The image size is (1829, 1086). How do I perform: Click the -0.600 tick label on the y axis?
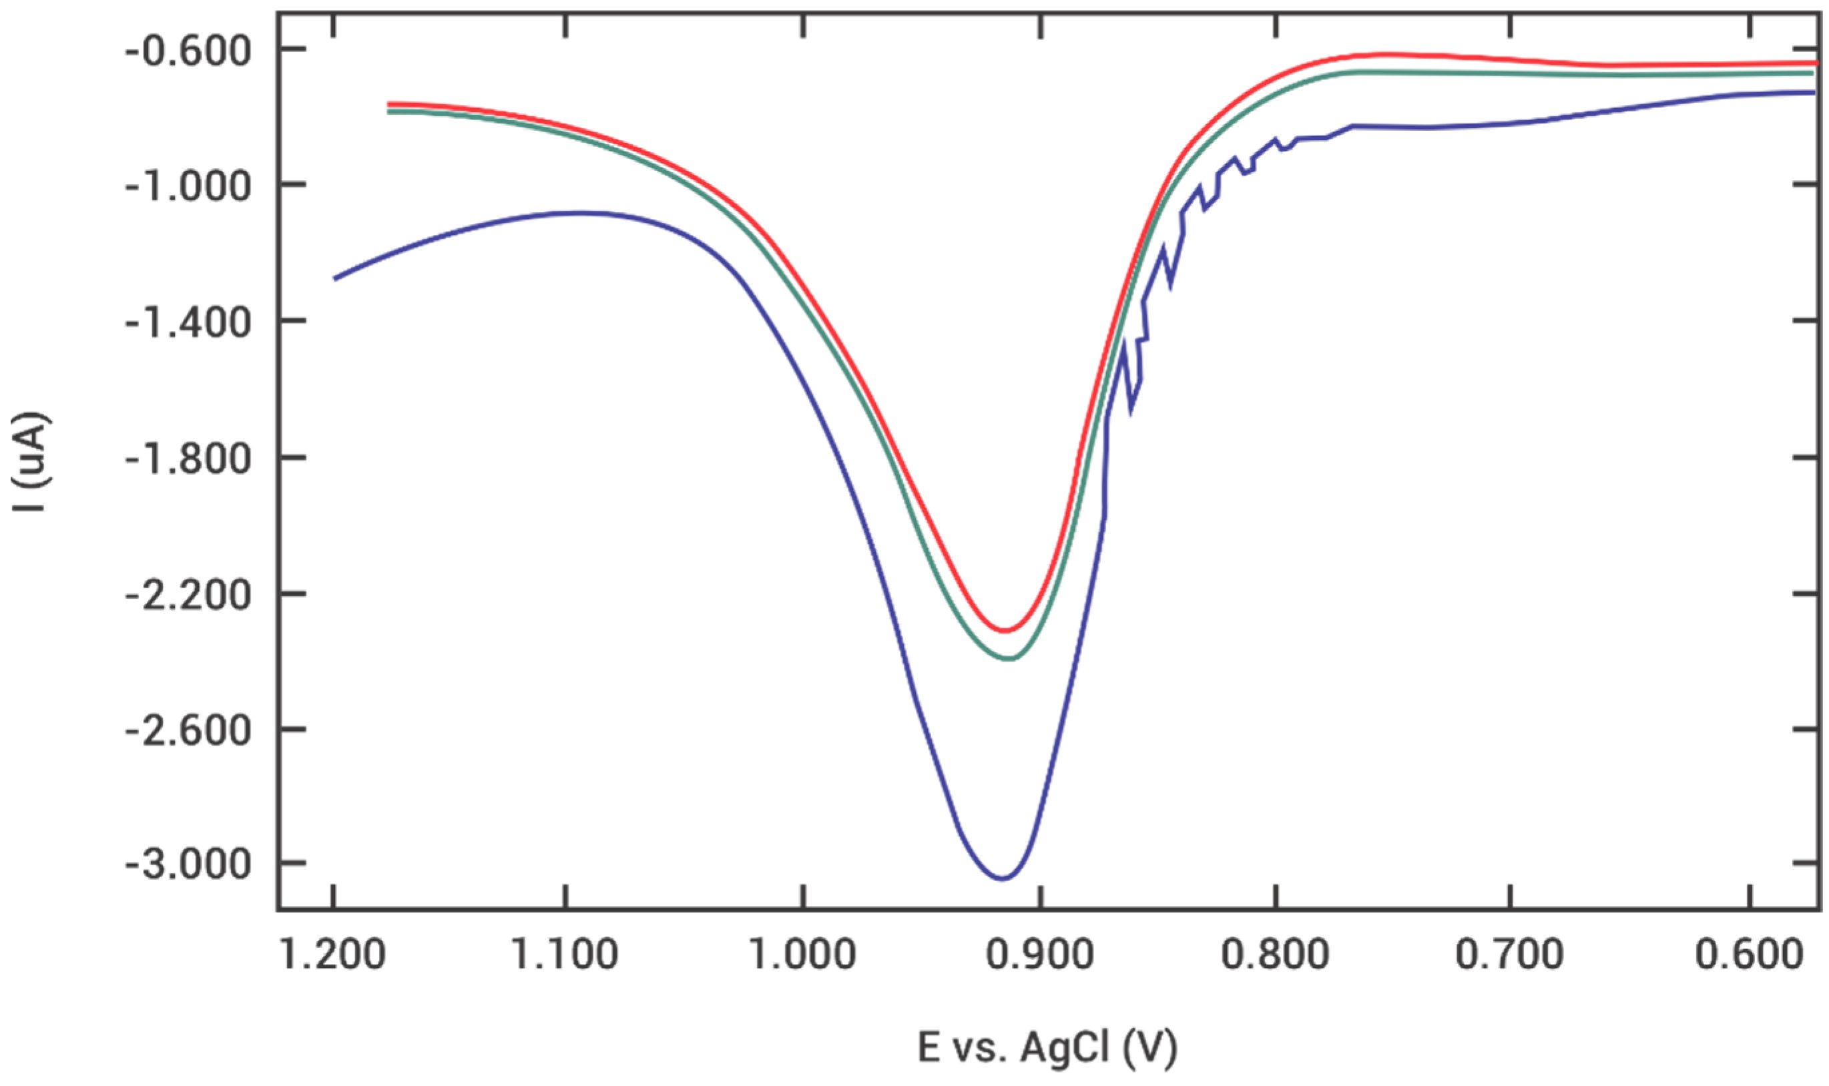click(x=188, y=53)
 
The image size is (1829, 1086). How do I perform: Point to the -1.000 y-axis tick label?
click(x=188, y=188)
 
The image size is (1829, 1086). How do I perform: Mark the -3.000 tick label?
click(x=188, y=866)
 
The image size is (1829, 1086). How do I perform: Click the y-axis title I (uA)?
click(x=30, y=462)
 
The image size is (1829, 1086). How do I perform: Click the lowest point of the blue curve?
click(x=1003, y=878)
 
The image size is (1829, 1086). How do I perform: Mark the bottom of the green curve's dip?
click(x=1009, y=659)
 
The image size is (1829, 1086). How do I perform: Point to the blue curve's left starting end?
click(x=335, y=279)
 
